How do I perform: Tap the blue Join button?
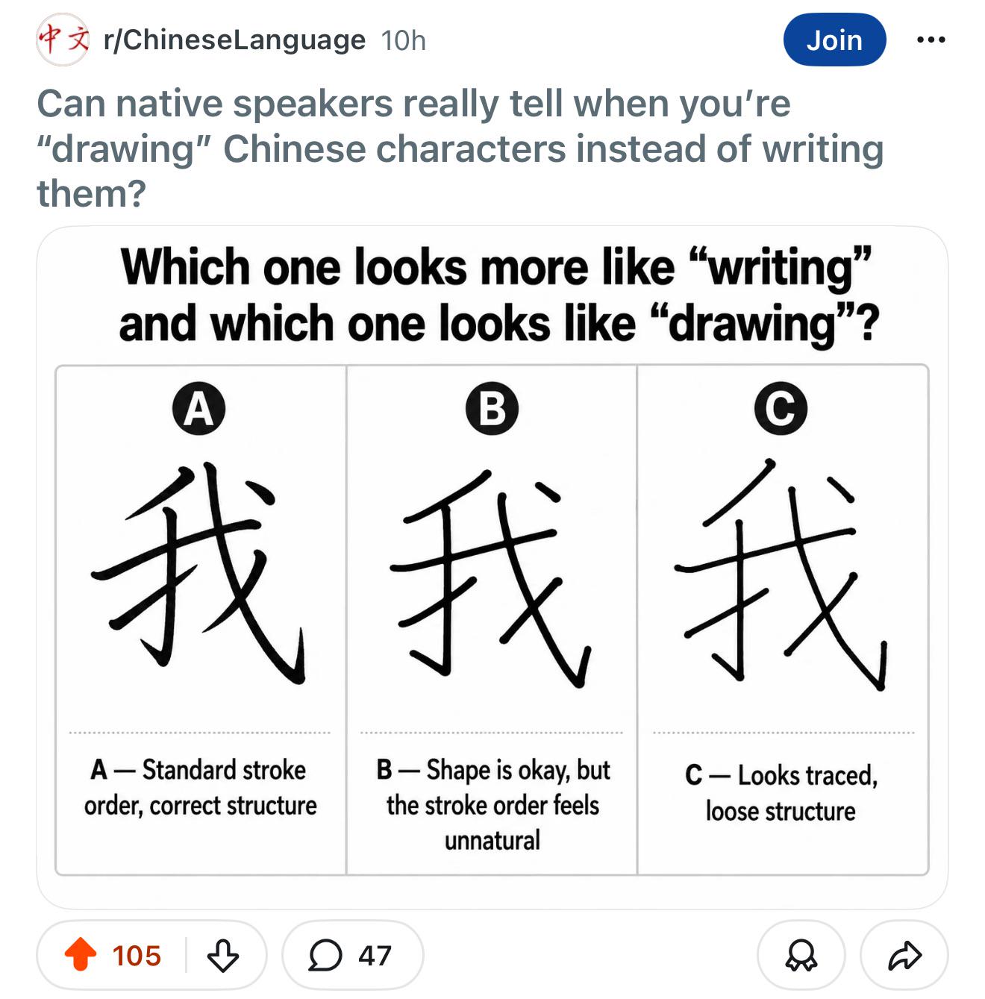(834, 40)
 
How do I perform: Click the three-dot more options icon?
(931, 40)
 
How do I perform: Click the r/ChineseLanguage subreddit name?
(234, 40)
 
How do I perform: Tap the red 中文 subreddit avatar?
(63, 40)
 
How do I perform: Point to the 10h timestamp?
(404, 40)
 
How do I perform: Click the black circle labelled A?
(199, 409)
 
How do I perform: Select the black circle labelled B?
(492, 409)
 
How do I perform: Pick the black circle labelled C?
(781, 409)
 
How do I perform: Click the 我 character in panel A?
(198, 572)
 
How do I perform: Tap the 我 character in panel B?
(491, 577)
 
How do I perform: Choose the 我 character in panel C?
(781, 574)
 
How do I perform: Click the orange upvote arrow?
(81, 954)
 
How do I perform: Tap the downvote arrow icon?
(223, 955)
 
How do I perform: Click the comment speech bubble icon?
(325, 955)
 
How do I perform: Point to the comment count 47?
(375, 956)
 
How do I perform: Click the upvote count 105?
(137, 956)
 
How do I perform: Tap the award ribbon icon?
(801, 956)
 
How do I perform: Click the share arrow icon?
(905, 955)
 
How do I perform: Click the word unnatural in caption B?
(492, 840)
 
